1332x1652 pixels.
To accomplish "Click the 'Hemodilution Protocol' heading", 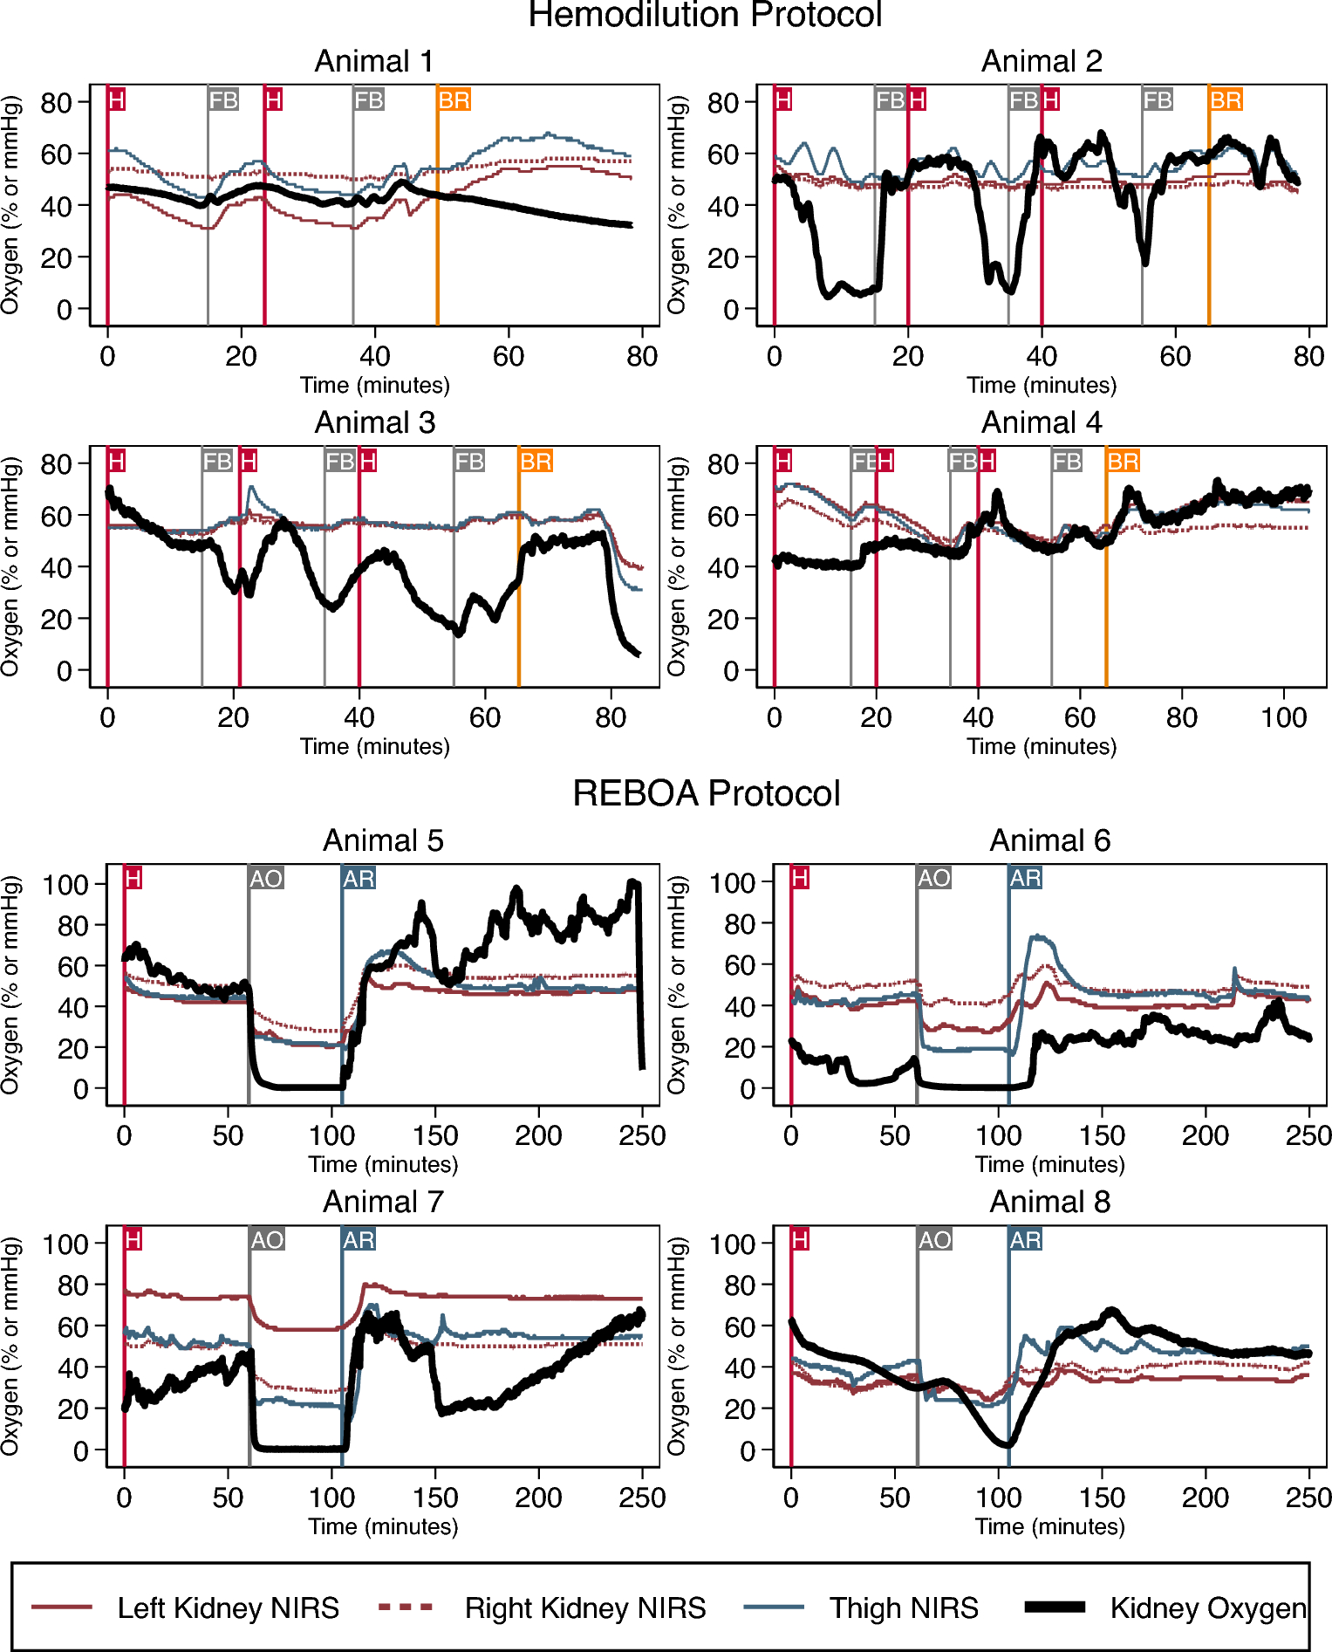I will click(x=705, y=16).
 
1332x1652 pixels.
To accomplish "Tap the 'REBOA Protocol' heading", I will click(x=706, y=793).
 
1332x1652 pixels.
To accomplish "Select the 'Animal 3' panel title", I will click(x=374, y=422).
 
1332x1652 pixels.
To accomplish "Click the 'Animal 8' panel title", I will click(x=1049, y=1202).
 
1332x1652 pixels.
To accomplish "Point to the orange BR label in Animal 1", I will click(x=454, y=100).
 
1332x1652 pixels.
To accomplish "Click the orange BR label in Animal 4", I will click(x=1123, y=461).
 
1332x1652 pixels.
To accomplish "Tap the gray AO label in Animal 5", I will click(x=266, y=878).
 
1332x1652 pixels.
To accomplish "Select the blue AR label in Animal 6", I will click(x=1025, y=878).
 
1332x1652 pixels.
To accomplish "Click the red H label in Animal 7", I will click(x=133, y=1239).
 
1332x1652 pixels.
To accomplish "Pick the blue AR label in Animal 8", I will click(x=1025, y=1239).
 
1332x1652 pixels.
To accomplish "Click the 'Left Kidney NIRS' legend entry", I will click(x=228, y=1607).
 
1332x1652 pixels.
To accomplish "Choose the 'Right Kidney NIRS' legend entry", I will click(x=584, y=1607).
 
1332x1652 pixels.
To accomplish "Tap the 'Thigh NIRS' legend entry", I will click(x=904, y=1607).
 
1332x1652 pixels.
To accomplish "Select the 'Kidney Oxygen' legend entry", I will click(x=1208, y=1607).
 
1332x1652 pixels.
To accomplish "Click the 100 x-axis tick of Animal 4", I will click(x=1283, y=718).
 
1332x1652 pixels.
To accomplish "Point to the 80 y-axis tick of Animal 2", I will click(x=723, y=103).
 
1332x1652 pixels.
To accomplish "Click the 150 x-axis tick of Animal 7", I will click(x=434, y=1498).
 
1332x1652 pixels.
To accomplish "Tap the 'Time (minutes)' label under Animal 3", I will click(x=374, y=746).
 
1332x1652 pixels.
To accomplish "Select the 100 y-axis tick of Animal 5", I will click(x=66, y=884).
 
